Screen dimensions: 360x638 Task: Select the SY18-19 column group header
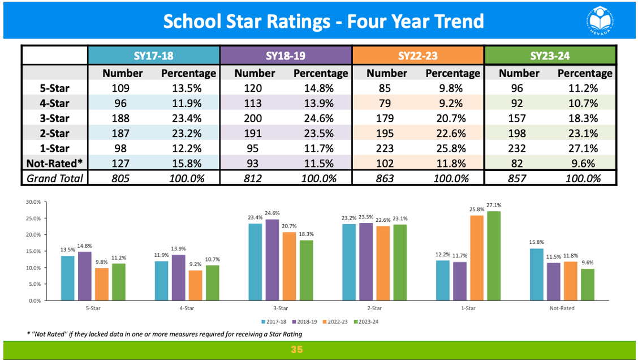286,55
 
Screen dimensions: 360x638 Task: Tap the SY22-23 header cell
418,55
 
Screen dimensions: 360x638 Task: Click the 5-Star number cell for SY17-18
120,88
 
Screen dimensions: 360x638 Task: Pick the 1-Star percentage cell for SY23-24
585,148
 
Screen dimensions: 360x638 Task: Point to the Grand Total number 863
386,178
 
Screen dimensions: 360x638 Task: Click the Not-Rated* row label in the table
55,163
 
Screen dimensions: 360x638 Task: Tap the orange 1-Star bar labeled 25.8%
477,258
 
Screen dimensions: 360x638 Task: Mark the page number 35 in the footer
297,350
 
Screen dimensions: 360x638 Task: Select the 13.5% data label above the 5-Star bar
67,250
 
